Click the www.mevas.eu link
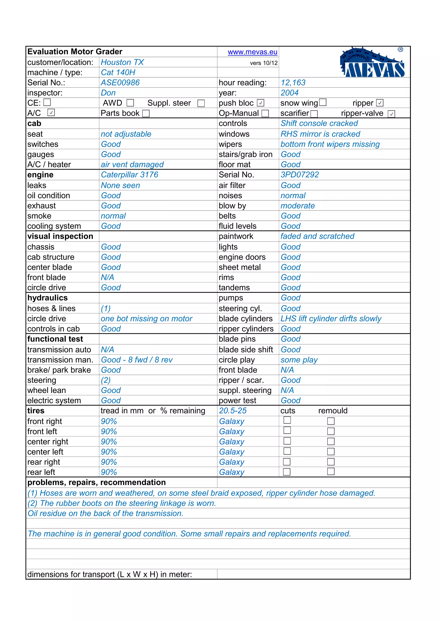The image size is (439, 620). click(252, 52)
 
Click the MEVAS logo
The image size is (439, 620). click(372, 63)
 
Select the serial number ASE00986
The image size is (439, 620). click(120, 83)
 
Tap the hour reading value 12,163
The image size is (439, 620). click(293, 83)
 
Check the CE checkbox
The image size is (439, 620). click(47, 102)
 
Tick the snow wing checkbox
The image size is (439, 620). click(323, 102)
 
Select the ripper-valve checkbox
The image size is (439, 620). click(391, 114)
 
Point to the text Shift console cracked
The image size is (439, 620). click(319, 123)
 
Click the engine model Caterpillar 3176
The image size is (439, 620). click(129, 175)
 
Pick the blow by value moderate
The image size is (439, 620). click(298, 206)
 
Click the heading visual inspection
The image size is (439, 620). click(60, 236)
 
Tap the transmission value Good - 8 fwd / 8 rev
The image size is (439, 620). click(137, 360)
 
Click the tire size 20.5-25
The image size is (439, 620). click(233, 411)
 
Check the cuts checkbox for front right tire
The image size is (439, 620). click(287, 420)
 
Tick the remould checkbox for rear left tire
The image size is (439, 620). click(331, 471)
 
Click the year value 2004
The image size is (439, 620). click(290, 93)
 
